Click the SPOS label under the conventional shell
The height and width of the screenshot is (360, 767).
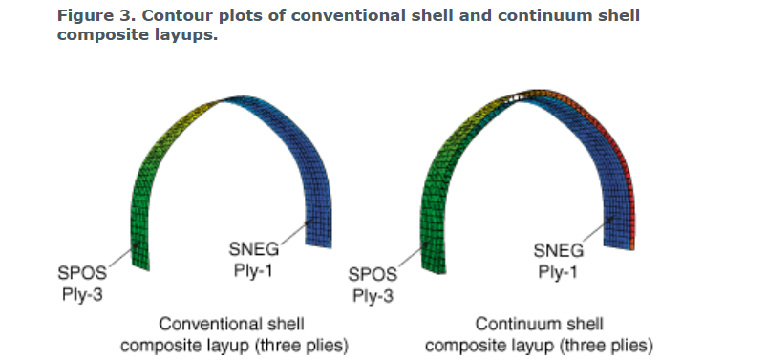(82, 273)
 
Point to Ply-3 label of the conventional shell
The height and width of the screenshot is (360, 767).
(82, 295)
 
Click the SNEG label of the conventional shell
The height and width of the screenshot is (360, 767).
(254, 249)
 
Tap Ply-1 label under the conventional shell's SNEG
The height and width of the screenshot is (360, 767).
(253, 270)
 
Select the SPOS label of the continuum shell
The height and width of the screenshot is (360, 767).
(373, 274)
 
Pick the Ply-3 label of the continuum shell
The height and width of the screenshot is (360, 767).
(373, 296)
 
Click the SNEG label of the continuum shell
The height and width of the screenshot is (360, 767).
(558, 250)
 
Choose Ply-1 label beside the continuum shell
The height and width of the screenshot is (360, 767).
(558, 271)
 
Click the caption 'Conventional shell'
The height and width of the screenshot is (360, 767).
(232, 324)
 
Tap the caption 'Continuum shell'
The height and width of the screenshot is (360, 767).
(539, 324)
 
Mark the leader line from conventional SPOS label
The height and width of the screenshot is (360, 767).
(124, 254)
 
